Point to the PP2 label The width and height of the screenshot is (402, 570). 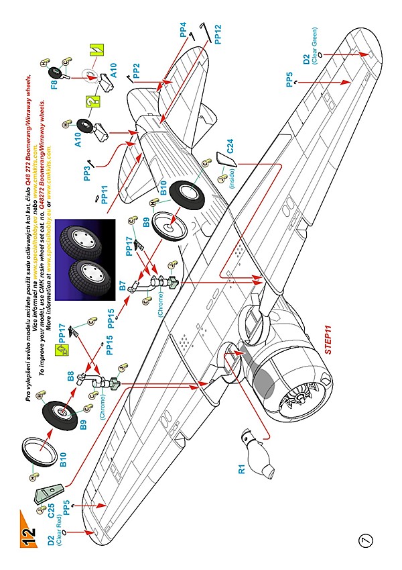click(136, 70)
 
